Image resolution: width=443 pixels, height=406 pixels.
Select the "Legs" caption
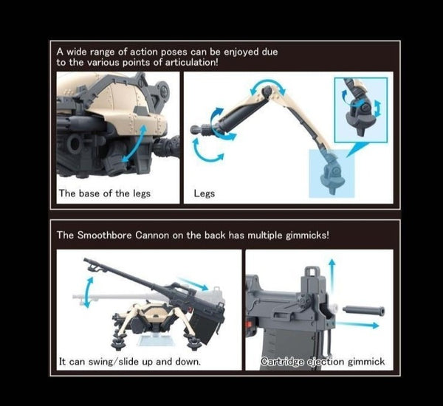coord(204,195)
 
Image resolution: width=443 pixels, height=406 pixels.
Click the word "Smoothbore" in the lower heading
coord(109,235)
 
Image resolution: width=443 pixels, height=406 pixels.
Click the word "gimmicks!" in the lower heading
coord(309,235)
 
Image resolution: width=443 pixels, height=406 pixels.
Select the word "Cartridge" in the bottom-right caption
coord(284,362)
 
